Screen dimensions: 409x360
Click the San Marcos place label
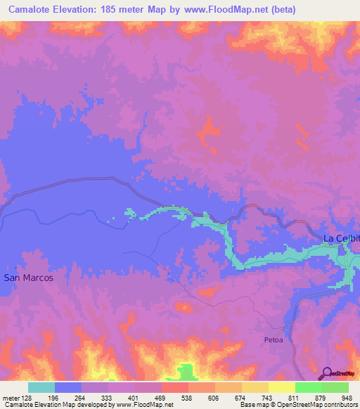click(28, 278)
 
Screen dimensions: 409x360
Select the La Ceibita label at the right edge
click(341, 238)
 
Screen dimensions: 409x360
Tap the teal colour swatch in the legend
click(41, 387)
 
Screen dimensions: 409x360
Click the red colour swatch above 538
click(175, 387)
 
